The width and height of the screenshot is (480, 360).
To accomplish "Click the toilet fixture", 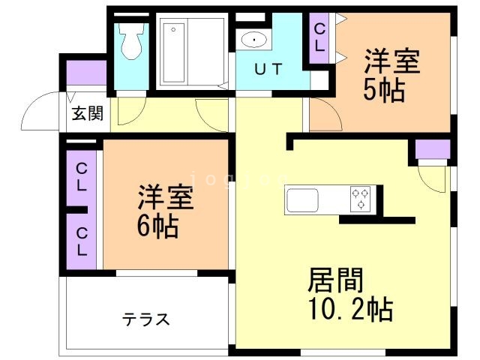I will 131,41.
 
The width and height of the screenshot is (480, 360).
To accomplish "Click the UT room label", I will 268,70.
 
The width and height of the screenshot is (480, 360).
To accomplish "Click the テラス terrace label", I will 146,319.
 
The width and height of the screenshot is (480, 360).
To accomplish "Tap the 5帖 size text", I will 384,90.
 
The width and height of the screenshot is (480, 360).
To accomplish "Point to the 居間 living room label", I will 335,280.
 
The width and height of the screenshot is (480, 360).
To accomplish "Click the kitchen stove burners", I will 361,199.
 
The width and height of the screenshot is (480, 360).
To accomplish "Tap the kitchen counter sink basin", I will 302,201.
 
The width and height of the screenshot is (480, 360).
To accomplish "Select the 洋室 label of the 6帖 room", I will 166,197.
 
